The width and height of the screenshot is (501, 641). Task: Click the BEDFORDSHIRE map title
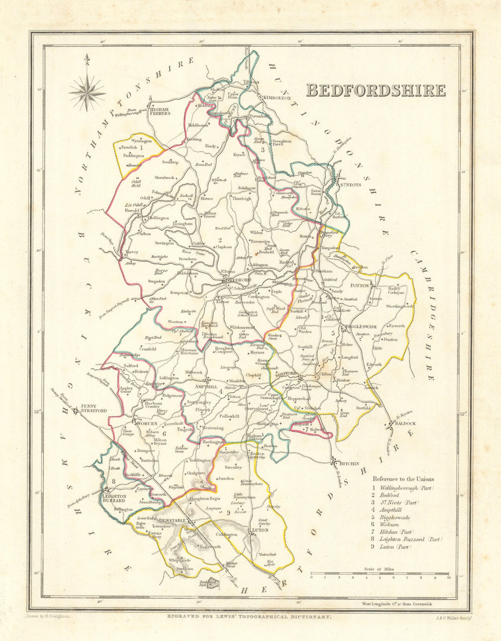[x=375, y=90]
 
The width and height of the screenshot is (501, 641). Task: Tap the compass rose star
[x=87, y=91]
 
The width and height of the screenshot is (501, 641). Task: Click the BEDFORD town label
[x=240, y=280]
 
